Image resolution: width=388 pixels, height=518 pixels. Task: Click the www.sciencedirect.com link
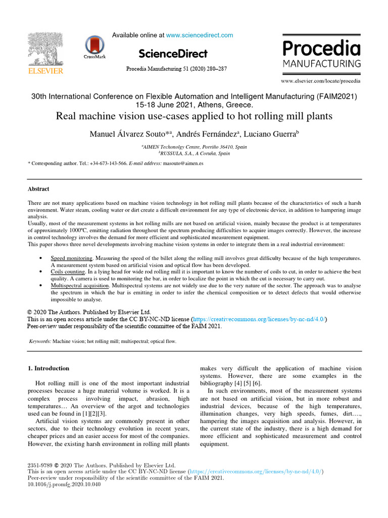tap(200, 35)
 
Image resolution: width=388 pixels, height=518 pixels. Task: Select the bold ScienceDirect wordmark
tap(172, 54)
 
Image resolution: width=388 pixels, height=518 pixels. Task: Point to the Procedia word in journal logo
tap(321, 49)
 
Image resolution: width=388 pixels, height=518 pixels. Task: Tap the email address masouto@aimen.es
tap(183, 164)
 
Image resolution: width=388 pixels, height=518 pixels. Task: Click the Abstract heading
tap(38, 189)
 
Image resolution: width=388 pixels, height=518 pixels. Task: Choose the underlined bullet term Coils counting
tap(68, 272)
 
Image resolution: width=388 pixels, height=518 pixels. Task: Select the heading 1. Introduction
tap(48, 368)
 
